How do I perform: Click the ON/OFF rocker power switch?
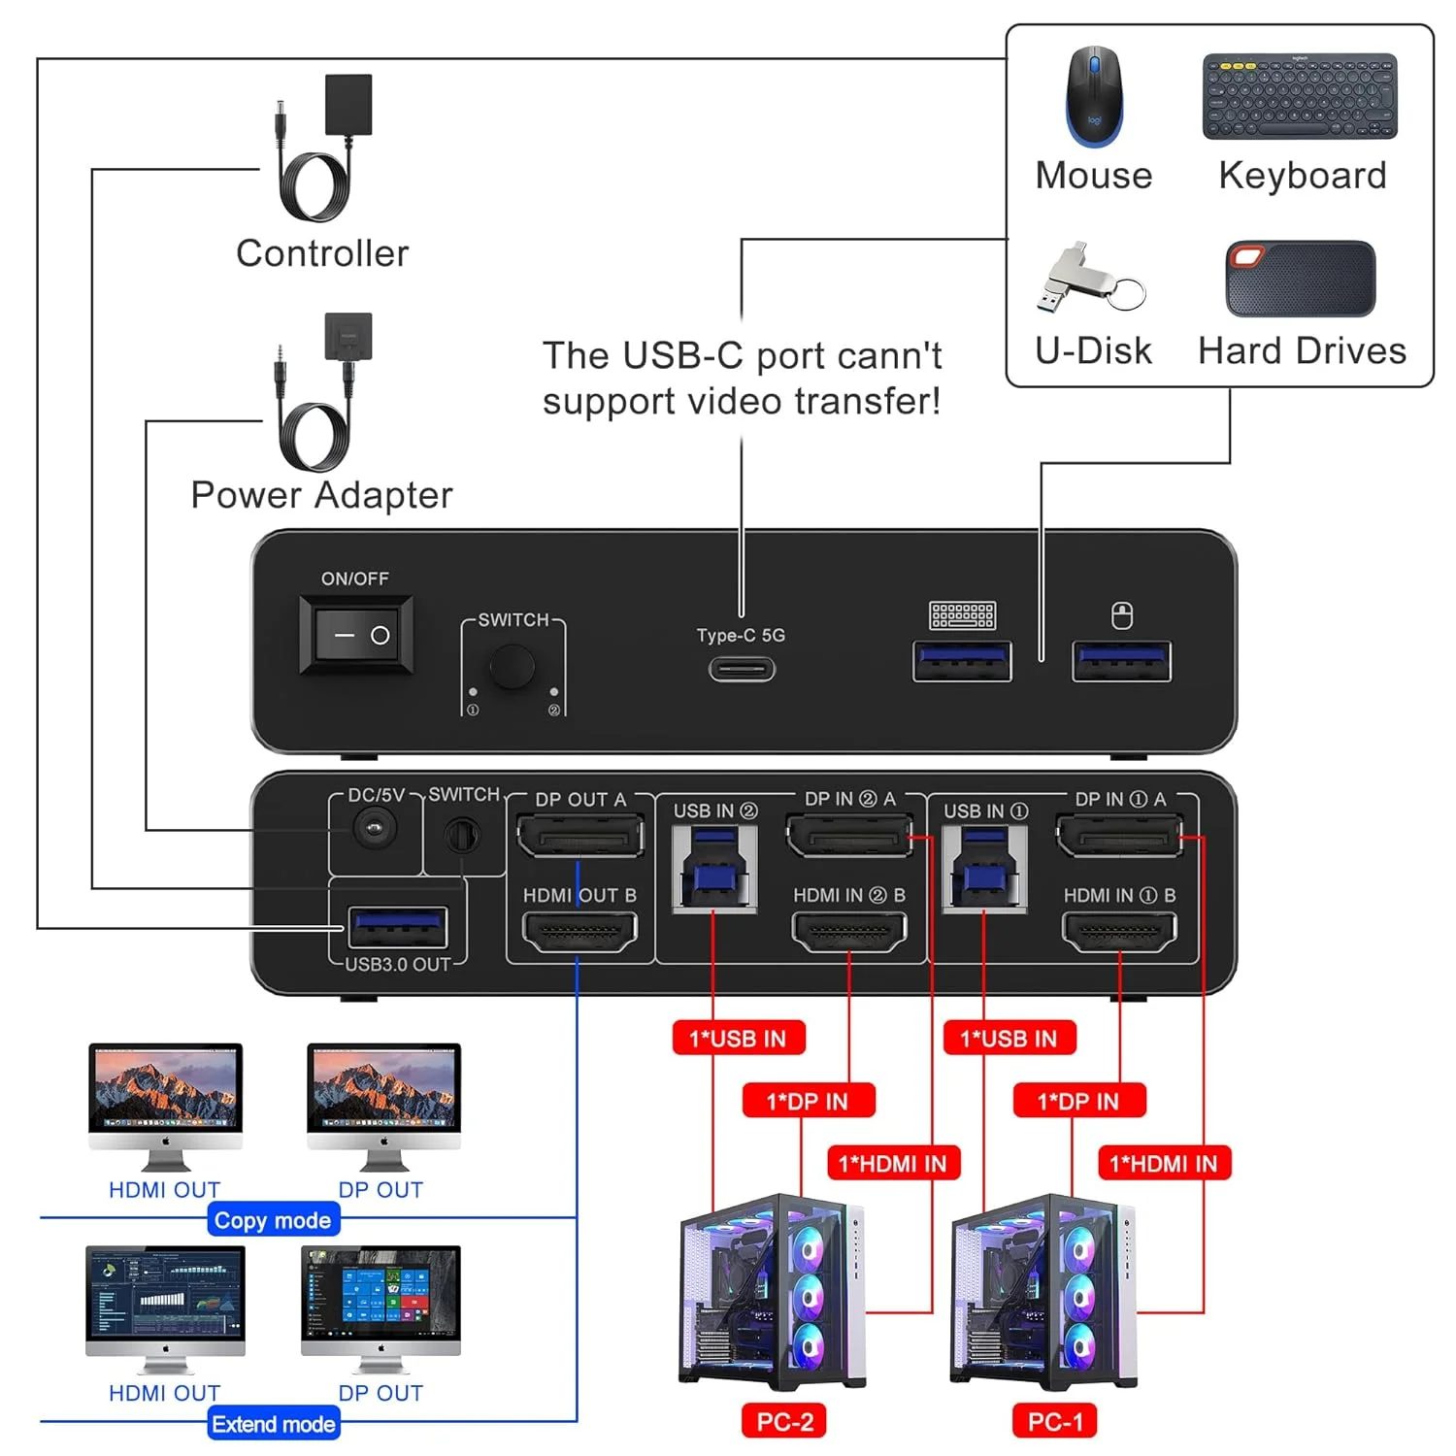355,635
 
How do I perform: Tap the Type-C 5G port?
742,669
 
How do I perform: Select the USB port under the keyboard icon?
962,661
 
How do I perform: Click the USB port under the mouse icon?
1121,661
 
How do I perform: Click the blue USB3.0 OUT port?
397,927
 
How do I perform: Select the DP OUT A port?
580,836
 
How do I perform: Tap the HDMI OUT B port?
579,933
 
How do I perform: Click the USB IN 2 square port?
714,869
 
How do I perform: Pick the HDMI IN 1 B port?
1119,933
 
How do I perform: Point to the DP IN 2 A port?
849,836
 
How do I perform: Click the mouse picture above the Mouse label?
1094,97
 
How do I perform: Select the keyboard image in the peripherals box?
1300,97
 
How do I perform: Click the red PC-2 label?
784,1422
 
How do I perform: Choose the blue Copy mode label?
273,1220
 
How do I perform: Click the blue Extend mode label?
274,1424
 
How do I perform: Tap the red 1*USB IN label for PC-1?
1009,1039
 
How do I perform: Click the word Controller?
322,253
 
